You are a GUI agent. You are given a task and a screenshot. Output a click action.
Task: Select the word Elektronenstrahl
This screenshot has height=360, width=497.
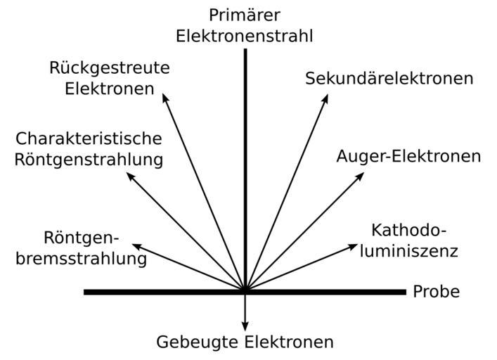coord(245,36)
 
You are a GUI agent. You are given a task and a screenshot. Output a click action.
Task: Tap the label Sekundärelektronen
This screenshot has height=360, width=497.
coord(389,78)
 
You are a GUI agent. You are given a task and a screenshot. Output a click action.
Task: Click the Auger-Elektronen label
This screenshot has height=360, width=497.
coord(408,156)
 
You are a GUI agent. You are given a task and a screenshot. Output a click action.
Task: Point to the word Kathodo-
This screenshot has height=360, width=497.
coord(408,231)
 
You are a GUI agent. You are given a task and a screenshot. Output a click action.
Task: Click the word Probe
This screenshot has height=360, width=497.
coord(437,292)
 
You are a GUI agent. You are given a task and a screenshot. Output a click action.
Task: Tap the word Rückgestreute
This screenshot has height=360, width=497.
coord(110,68)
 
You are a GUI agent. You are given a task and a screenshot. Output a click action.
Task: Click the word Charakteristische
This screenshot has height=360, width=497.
coord(89,139)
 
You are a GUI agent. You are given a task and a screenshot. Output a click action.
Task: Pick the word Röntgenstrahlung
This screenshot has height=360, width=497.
coord(89,160)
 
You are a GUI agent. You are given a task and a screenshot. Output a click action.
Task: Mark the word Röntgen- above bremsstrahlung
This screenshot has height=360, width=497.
coord(83,238)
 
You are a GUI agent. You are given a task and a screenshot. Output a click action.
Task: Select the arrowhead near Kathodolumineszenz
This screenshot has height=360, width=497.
coord(354,246)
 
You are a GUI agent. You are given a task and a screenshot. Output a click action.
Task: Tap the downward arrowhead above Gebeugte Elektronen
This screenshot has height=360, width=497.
coord(245,326)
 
